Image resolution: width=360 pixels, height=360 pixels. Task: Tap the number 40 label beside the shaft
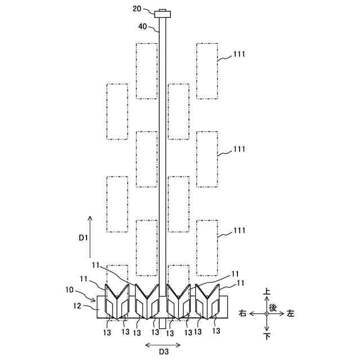(143, 26)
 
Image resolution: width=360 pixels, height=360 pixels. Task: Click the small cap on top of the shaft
(163, 13)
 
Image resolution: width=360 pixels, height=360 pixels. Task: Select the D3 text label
(163, 352)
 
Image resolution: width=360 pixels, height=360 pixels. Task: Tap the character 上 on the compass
(267, 292)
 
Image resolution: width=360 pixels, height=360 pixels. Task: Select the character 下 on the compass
(267, 336)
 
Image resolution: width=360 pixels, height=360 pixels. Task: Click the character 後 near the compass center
(273, 307)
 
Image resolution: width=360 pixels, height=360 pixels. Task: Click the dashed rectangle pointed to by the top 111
(207, 70)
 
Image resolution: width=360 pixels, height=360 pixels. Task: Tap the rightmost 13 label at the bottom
(216, 331)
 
